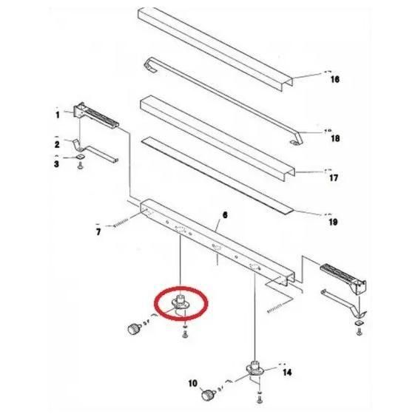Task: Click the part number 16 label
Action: [x=335, y=79]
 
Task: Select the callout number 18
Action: [x=335, y=138]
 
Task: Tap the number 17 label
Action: [x=334, y=177]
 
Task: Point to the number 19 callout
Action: [x=333, y=222]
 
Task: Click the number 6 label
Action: [x=225, y=214]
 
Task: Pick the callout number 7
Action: [x=98, y=232]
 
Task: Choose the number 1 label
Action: [x=57, y=115]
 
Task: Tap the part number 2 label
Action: [x=57, y=144]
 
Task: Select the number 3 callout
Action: [x=56, y=163]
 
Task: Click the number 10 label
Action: [x=193, y=384]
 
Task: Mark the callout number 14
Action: [x=287, y=372]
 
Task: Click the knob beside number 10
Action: [x=207, y=394]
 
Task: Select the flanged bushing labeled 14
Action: [x=254, y=368]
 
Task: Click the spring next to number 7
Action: [x=121, y=223]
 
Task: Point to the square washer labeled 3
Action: [x=80, y=157]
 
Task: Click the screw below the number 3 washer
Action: [x=80, y=166]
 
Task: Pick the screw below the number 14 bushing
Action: [x=259, y=399]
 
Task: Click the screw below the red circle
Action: [x=185, y=334]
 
